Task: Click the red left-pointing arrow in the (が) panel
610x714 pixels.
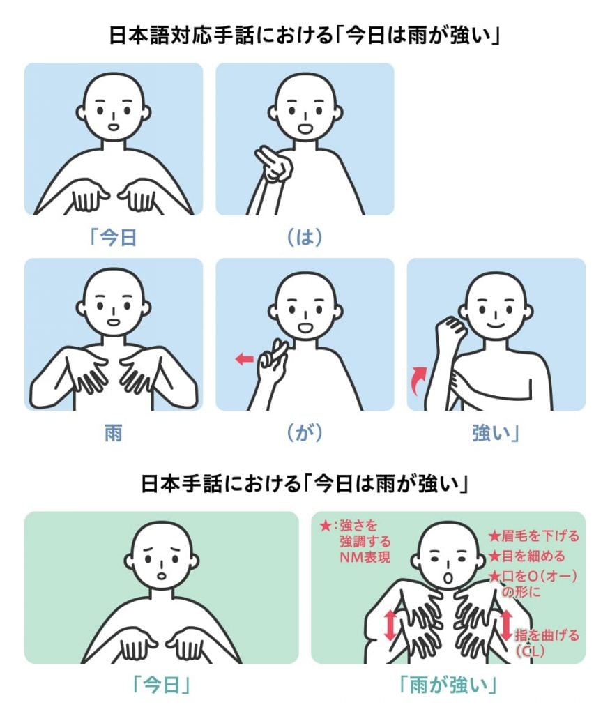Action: tap(244, 359)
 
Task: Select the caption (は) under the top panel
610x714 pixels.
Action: tap(305, 238)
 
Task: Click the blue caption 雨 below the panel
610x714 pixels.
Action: tap(114, 433)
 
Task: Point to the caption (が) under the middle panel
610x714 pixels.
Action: tap(305, 433)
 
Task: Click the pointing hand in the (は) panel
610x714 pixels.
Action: tap(270, 164)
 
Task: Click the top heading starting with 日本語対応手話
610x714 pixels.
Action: tap(305, 36)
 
